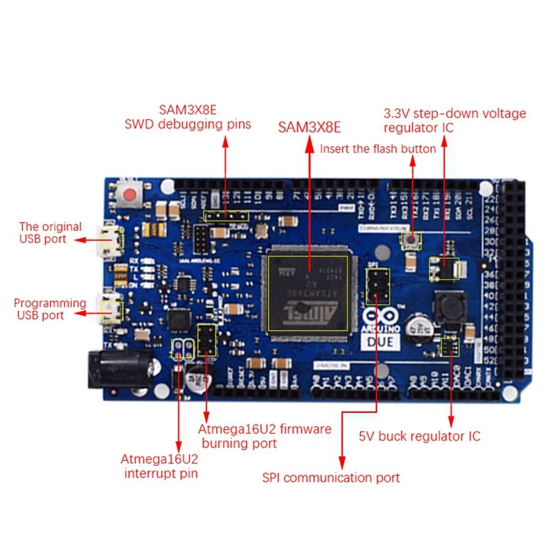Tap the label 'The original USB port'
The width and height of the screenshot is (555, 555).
pos(50,232)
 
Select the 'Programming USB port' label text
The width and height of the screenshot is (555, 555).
pos(50,309)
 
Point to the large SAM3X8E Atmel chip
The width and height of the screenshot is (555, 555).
pos(310,292)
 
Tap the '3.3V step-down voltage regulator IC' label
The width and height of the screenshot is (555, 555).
pos(454,120)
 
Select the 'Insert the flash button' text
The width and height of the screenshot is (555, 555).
pos(377,148)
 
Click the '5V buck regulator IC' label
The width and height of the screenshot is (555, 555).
pos(419,436)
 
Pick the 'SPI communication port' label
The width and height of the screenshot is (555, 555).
pos(331,477)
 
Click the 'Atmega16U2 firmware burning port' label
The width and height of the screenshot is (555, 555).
pos(264,436)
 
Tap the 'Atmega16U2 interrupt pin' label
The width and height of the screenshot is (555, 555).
pos(160,466)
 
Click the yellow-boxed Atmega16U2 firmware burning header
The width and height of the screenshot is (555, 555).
pos(207,340)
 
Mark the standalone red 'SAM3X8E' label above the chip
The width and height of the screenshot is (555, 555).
pos(309,127)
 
